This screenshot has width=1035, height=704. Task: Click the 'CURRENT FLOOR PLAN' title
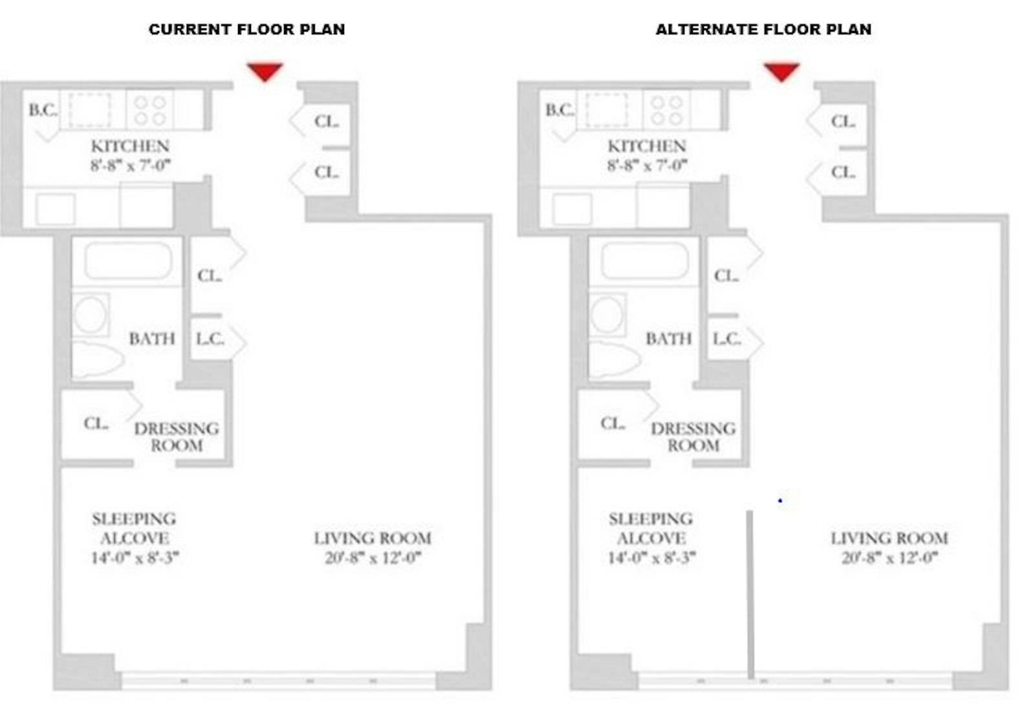point(246,30)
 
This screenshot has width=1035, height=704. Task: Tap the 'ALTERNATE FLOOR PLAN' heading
point(764,30)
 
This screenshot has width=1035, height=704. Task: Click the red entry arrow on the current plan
point(265,72)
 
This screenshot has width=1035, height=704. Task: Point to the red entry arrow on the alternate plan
point(782,72)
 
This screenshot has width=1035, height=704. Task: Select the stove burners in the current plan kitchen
point(150,111)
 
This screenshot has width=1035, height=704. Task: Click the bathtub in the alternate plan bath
point(645,261)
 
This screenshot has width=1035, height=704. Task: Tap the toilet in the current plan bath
point(97,359)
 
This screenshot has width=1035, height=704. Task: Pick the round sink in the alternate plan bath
point(607,315)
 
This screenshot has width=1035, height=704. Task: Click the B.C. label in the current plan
point(43,110)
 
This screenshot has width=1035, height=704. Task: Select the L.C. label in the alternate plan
point(727,339)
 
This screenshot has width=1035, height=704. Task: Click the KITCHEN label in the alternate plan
point(647,146)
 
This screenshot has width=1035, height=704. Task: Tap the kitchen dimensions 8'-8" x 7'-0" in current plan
point(130,165)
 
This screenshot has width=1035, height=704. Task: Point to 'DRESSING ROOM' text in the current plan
point(177,437)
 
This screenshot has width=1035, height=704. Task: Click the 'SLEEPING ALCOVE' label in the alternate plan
point(651,529)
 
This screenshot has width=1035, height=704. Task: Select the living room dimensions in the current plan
point(373,558)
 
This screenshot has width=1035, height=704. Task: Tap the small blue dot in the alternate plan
point(780,500)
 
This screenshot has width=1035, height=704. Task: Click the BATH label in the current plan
point(152,339)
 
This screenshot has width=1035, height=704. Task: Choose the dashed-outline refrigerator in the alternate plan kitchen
point(607,110)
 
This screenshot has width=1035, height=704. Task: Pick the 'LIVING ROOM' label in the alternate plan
point(889,539)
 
